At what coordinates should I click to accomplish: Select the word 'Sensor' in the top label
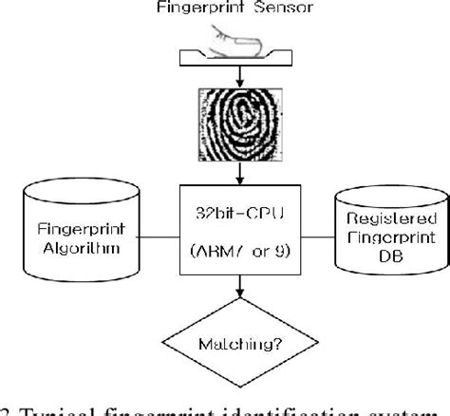[x=267, y=10]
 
